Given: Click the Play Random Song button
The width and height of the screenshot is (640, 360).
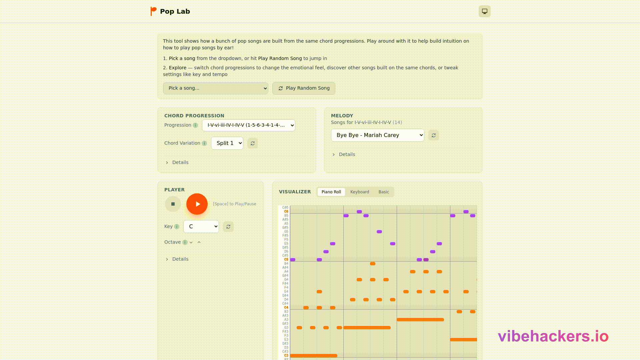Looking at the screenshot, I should click(x=304, y=88).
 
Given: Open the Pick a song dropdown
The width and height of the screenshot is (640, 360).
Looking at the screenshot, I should click(x=215, y=88).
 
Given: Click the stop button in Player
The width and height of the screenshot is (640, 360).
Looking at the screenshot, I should click(x=173, y=204).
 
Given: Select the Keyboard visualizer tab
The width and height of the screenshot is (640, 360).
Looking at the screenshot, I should click(x=359, y=192).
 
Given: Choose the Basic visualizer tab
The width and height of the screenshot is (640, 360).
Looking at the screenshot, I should click(x=383, y=192).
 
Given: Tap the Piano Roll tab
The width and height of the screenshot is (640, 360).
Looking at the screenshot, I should click(x=331, y=192).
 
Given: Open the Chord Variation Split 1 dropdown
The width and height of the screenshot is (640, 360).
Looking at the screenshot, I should click(x=227, y=143).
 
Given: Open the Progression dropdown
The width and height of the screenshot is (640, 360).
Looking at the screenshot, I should click(x=248, y=125).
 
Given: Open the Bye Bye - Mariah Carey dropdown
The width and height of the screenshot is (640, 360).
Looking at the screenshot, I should click(x=377, y=135).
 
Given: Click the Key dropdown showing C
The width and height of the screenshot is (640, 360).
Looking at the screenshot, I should click(x=201, y=227).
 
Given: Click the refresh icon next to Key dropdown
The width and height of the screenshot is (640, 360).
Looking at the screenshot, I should click(x=228, y=227).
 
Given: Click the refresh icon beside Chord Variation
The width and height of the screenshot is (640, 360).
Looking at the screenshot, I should click(x=253, y=143).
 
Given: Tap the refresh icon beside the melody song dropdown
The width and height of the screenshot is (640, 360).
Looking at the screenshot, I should click(x=434, y=135).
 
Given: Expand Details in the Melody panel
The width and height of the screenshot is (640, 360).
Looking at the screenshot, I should click(x=347, y=154).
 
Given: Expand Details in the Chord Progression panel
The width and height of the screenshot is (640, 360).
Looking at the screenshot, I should click(x=180, y=162).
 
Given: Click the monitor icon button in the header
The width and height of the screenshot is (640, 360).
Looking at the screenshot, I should click(x=484, y=11).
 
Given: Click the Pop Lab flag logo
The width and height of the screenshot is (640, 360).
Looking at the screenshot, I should click(x=153, y=11).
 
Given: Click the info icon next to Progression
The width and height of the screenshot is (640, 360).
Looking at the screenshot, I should click(x=195, y=125).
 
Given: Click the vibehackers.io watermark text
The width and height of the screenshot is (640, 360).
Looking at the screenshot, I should click(x=553, y=336).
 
